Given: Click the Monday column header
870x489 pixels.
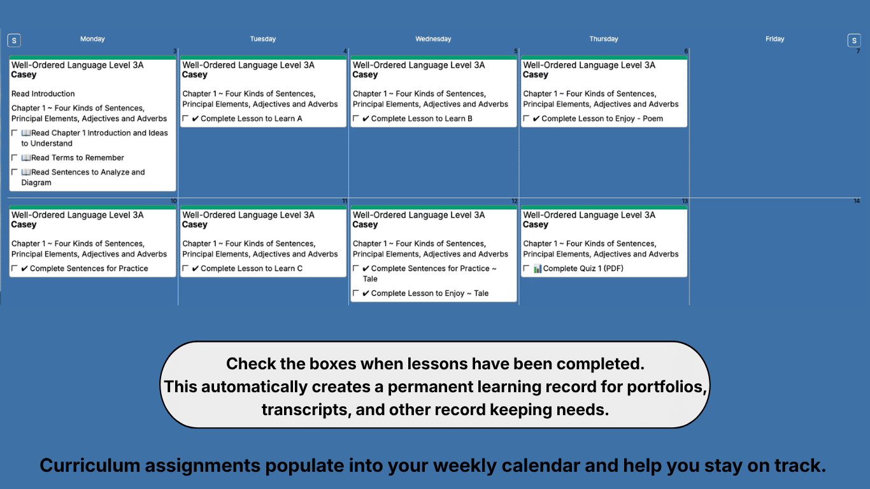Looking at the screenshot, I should (92, 39).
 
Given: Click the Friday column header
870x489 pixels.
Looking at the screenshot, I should (774, 39).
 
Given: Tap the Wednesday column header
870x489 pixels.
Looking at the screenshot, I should (433, 39).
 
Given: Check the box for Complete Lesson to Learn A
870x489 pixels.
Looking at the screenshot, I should (185, 118).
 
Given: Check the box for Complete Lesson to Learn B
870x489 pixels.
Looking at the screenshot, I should (356, 118).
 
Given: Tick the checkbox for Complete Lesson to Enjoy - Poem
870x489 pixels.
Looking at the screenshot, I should (526, 118).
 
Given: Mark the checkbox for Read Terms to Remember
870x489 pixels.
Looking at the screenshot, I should (15, 158).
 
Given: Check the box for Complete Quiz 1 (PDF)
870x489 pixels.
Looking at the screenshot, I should (526, 269).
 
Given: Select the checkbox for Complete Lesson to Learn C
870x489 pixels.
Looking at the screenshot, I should (185, 269).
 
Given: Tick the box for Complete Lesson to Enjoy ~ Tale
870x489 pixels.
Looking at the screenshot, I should (356, 294).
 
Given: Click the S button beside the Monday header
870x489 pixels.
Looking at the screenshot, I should (14, 41).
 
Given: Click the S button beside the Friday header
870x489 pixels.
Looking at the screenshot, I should (854, 41).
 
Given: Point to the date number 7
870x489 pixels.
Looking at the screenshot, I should (858, 51).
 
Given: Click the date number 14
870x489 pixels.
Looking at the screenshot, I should (857, 201).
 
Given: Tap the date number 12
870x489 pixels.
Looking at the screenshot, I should (515, 201).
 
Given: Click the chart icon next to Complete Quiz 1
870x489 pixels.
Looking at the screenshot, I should (538, 269).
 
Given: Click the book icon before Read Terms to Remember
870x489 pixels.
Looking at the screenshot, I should (26, 158).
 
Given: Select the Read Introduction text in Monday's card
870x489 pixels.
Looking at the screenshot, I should (43, 94).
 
